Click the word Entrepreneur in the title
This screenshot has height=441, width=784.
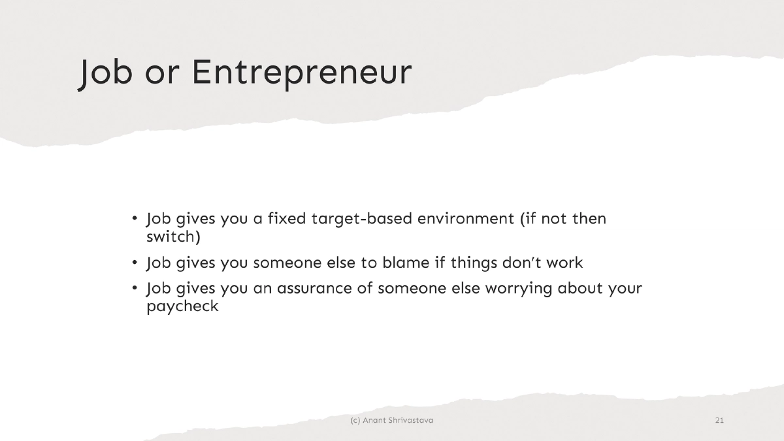pos(301,73)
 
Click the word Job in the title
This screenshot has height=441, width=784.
pos(101,73)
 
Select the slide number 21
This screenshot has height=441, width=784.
pos(719,420)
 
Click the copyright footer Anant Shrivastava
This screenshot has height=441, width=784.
pos(391,420)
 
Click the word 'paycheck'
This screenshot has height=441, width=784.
pos(182,306)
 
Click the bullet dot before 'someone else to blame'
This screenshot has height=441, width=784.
pos(134,263)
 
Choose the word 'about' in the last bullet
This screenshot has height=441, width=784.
pos(581,289)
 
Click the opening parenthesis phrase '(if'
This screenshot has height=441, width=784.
pos(529,219)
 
